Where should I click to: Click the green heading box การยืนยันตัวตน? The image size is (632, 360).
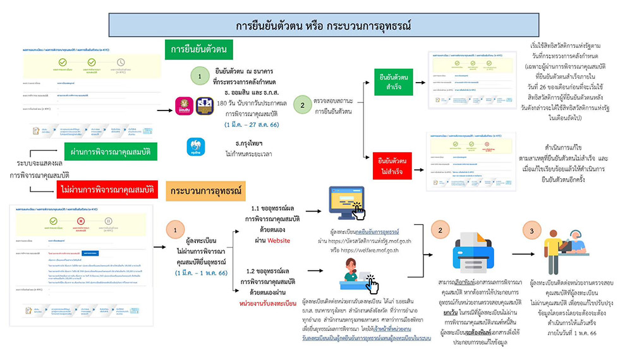pyautogui.click(x=198, y=49)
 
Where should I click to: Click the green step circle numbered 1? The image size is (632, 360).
pyautogui.click(x=200, y=76)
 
